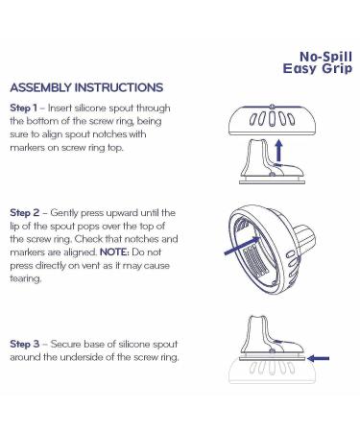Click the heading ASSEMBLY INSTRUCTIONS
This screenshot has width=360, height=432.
pos(86,87)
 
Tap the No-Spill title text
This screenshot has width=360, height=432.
pos(325,57)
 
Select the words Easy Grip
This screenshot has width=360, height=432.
pos(318,68)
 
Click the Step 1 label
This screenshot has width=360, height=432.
pos(23,108)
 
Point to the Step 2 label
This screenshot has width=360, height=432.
pos(25,213)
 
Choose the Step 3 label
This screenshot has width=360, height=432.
pos(25,344)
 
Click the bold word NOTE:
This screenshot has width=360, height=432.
pos(114,252)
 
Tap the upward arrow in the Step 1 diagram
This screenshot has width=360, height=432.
pos(279,150)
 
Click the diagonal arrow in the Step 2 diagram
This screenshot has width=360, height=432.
pos(243,246)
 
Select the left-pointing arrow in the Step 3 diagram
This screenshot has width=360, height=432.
pos(318,358)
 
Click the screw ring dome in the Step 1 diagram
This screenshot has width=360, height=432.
pos(272,120)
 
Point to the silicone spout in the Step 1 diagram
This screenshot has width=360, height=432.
pos(272,161)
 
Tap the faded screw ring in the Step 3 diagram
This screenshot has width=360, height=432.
pos(272,372)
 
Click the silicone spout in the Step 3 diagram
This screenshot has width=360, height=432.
pos(272,339)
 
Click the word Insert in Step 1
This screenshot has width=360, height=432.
pos(60,108)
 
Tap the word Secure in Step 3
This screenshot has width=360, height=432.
pos(65,344)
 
